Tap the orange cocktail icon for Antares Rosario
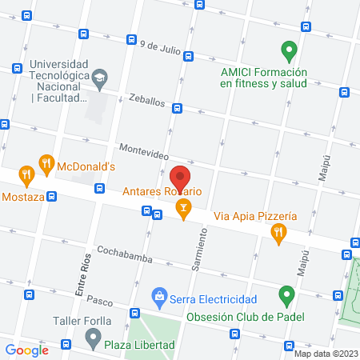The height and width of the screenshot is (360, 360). click(183, 210)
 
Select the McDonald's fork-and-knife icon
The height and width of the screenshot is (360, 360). click(46, 166)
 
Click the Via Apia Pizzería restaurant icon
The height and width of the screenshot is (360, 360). click(278, 234)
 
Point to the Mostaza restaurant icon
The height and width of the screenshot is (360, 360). click(26, 174)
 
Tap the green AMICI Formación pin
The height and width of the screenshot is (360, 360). click(289, 52)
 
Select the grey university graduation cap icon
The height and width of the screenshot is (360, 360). click(98, 77)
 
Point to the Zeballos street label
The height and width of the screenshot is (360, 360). click(146, 102)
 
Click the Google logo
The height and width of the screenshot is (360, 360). click(26, 350)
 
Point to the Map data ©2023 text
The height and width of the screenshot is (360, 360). click(326, 354)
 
